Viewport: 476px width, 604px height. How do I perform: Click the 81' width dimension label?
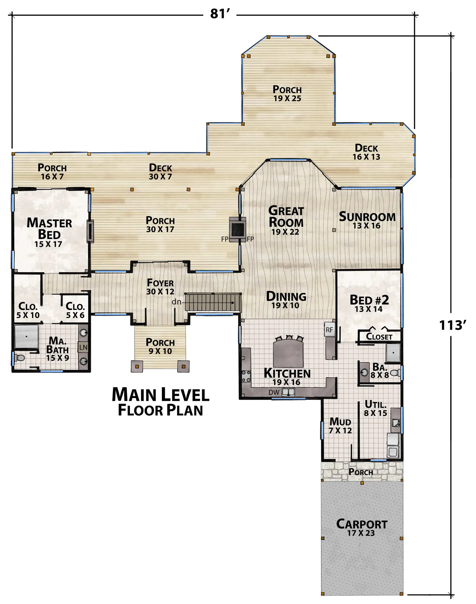pos(220,14)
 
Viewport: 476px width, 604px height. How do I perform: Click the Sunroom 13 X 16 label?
pos(367,221)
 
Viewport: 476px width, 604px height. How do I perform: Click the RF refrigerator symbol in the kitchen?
pos(329,330)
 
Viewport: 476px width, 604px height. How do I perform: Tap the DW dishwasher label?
pos(274,392)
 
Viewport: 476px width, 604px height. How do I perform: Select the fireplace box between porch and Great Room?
pos(237,229)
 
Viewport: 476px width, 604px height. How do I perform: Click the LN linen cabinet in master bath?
pos(83,347)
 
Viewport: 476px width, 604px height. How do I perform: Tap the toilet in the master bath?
pos(19,358)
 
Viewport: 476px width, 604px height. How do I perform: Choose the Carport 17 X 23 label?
pos(361,528)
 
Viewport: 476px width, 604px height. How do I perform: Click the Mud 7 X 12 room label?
pos(340,426)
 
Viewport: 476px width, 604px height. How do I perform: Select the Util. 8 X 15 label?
pos(376,408)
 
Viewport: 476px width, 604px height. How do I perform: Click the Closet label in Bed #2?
pos(379,336)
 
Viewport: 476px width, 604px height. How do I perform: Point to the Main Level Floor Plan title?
pos(160,402)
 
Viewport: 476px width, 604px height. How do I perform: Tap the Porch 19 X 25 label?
pos(287,94)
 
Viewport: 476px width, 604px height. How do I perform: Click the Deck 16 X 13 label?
pos(367,152)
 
